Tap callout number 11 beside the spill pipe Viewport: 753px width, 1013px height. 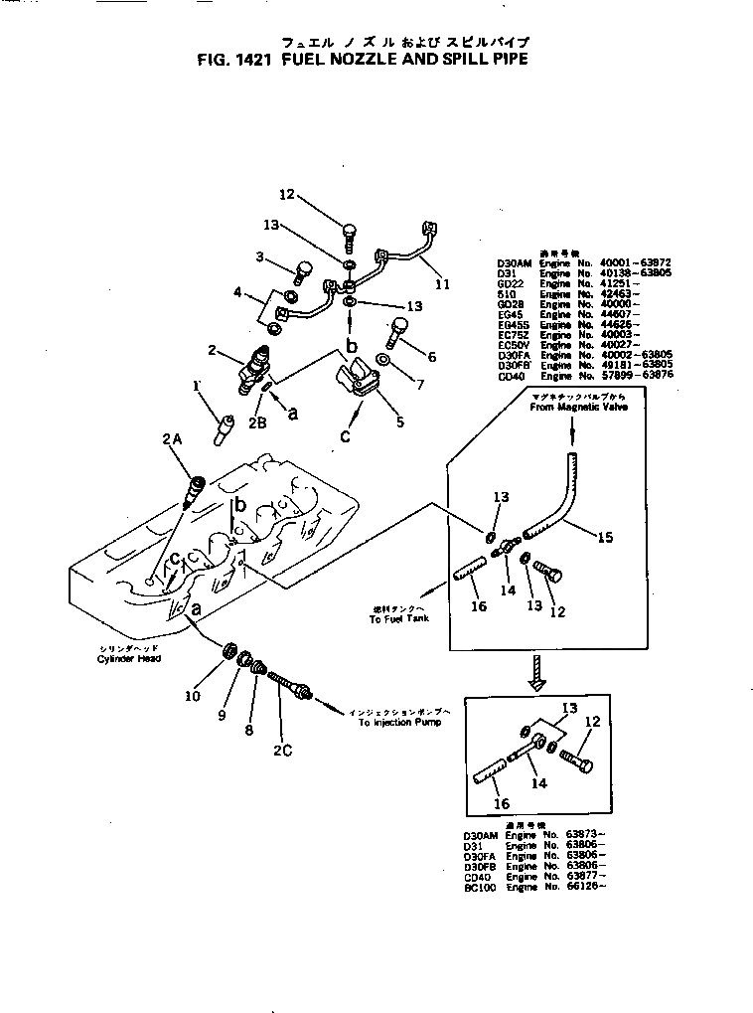442,284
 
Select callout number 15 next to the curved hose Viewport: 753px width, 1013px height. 604,537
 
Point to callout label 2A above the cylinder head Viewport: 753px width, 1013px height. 171,438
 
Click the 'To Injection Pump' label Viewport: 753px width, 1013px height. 401,724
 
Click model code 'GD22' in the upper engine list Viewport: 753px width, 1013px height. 510,283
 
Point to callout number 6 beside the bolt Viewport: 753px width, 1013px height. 432,356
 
